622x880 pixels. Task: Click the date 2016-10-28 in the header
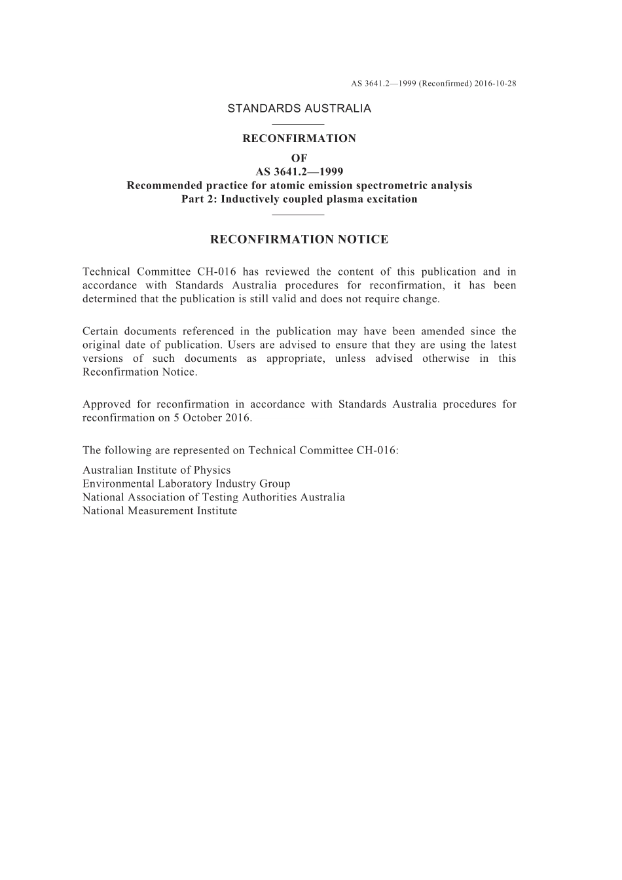pyautogui.click(x=495, y=84)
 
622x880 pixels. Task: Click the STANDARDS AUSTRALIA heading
pyautogui.click(x=299, y=109)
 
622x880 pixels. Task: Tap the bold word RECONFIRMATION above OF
pyautogui.click(x=299, y=139)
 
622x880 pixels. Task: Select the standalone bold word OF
pyautogui.click(x=299, y=158)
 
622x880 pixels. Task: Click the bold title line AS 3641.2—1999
pyautogui.click(x=299, y=172)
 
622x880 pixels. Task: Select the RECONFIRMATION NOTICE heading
pyautogui.click(x=299, y=239)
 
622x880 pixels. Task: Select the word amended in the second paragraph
pyautogui.click(x=443, y=332)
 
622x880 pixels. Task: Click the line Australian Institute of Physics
pyautogui.click(x=156, y=470)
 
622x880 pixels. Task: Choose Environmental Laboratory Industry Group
pyautogui.click(x=186, y=484)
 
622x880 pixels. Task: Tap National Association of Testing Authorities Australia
pyautogui.click(x=213, y=498)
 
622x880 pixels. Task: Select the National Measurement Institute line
pyautogui.click(x=160, y=512)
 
